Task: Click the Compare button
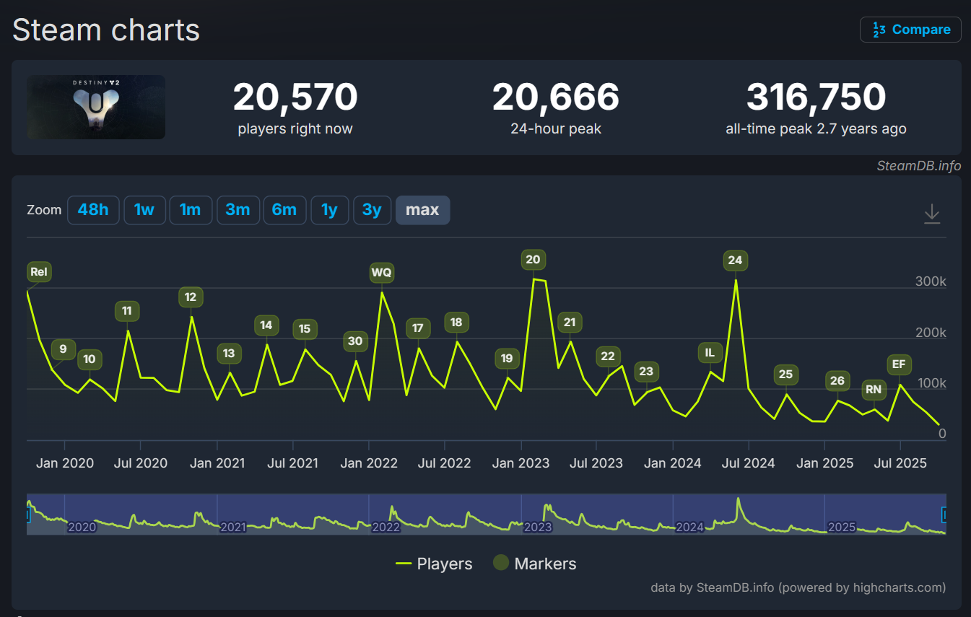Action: pyautogui.click(x=910, y=30)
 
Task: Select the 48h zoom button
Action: pyautogui.click(x=93, y=210)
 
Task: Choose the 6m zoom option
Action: pyautogui.click(x=284, y=210)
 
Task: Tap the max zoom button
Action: pyautogui.click(x=422, y=210)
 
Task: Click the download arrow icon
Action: pyautogui.click(x=932, y=214)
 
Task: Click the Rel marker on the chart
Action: pyautogui.click(x=39, y=272)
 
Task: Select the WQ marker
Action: pyautogui.click(x=381, y=273)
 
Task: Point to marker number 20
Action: pyautogui.click(x=533, y=260)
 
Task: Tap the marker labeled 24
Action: pyautogui.click(x=735, y=260)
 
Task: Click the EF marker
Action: pyautogui.click(x=899, y=364)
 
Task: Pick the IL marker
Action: pyautogui.click(x=710, y=352)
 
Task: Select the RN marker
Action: pyautogui.click(x=874, y=390)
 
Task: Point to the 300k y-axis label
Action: pyautogui.click(x=931, y=281)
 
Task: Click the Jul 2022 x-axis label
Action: pyautogui.click(x=445, y=463)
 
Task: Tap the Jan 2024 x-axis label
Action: pyautogui.click(x=672, y=463)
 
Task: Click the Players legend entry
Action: pyautogui.click(x=435, y=564)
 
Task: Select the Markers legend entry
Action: pyautogui.click(x=535, y=564)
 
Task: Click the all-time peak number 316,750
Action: pyautogui.click(x=816, y=97)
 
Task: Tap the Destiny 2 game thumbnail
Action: pyautogui.click(x=96, y=107)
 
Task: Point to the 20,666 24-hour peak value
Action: pyautogui.click(x=556, y=97)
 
